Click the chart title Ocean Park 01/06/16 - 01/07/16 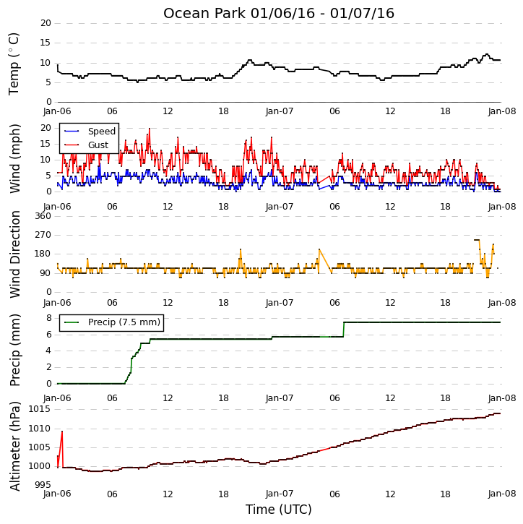tap(279, 13)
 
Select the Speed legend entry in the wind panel tap(90, 132)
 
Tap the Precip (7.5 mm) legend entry tap(112, 322)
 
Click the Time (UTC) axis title tap(279, 510)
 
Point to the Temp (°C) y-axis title tap(14, 64)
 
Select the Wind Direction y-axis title tap(14, 254)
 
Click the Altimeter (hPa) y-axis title tap(14, 447)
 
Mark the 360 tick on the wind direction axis tap(43, 216)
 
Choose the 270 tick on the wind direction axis tap(43, 235)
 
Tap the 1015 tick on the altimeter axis tap(40, 409)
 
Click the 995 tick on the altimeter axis tap(43, 485)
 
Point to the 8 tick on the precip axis tap(48, 318)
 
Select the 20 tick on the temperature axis tap(46, 23)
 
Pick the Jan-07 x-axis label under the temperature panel tap(280, 111)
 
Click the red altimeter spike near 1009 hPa tap(62, 431)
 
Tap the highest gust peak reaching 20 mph tap(150, 129)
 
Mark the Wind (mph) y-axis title tap(14, 158)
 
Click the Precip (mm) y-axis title tap(14, 351)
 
